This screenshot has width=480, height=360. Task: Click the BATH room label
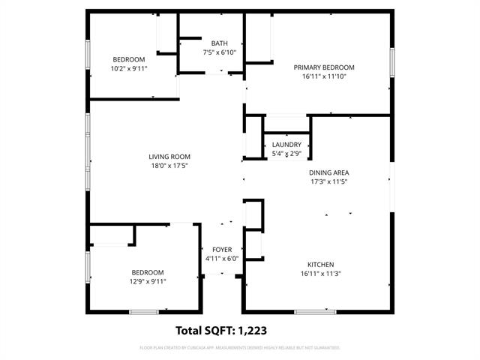coord(220,43)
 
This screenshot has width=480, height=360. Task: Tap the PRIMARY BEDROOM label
coord(323,67)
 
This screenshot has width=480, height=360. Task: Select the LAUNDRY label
coord(286,145)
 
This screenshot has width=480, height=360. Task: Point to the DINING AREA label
coord(329,172)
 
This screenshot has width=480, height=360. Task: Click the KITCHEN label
coord(320,264)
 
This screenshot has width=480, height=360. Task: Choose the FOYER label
coord(222,250)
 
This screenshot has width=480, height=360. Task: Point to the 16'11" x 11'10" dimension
coord(323,76)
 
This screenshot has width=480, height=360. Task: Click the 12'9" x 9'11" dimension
coord(148,281)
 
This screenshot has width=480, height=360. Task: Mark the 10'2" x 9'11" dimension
coord(129,68)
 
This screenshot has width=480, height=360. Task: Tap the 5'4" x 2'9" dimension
coord(286,154)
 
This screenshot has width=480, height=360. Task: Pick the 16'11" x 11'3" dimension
coord(320,273)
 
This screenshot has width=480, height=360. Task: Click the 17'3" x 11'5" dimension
coord(329,181)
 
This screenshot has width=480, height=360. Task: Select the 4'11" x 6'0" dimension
coord(221,259)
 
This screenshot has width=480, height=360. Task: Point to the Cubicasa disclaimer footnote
coord(240,348)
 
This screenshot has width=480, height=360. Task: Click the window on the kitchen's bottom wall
coord(315,311)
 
